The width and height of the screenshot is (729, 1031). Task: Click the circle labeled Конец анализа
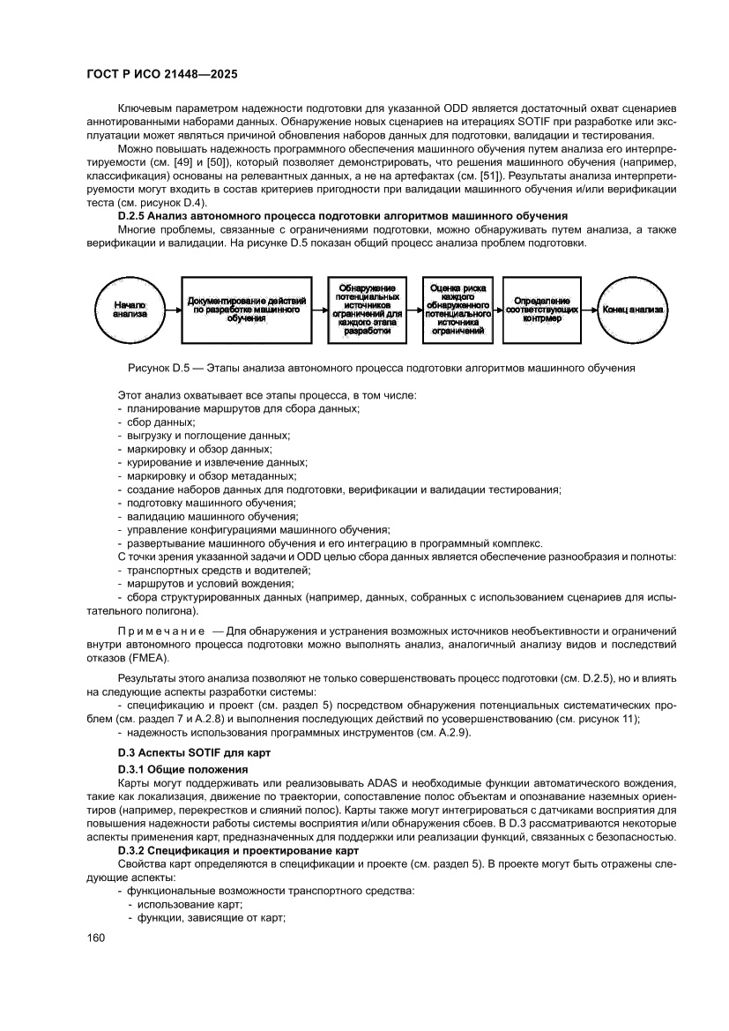633,310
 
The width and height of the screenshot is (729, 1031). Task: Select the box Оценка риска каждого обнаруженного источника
457,310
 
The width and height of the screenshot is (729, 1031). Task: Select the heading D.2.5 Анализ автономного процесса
343,216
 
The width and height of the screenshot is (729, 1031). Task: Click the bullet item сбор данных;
148,422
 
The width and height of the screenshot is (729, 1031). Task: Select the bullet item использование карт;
185,905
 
